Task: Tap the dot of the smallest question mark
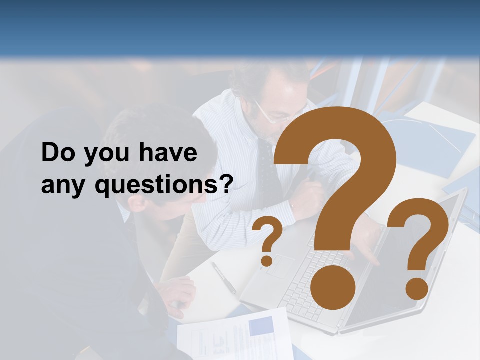[x=267, y=260]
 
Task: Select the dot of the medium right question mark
[x=416, y=289]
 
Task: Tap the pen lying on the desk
[x=223, y=277]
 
